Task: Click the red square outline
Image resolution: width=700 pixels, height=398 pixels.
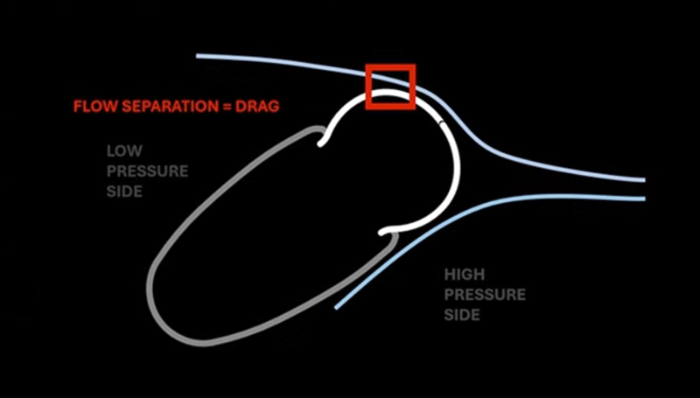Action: tap(367, 87)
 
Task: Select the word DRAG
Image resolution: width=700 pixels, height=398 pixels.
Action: tap(257, 106)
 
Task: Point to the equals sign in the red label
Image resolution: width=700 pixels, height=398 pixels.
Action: tap(225, 107)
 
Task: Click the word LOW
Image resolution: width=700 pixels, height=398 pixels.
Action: tap(124, 150)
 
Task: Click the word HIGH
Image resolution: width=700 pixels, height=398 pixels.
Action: tap(465, 275)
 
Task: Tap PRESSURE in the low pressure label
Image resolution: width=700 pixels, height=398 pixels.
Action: tap(147, 171)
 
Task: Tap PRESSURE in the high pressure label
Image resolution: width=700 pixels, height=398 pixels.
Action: tap(485, 295)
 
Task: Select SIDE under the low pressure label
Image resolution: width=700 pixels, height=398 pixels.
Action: tap(124, 192)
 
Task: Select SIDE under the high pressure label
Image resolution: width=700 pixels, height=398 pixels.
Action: tap(462, 315)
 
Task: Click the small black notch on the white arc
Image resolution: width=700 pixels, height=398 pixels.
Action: tap(442, 122)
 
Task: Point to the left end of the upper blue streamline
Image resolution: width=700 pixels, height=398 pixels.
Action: tap(198, 56)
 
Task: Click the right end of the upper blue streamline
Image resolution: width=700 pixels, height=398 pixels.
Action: tap(644, 180)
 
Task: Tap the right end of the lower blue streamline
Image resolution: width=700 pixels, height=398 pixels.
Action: tap(644, 199)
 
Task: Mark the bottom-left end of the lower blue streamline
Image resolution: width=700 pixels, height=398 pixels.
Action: tap(336, 307)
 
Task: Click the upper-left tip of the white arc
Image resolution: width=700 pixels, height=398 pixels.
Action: tap(320, 143)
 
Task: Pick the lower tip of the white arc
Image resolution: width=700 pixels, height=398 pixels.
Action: tap(381, 233)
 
